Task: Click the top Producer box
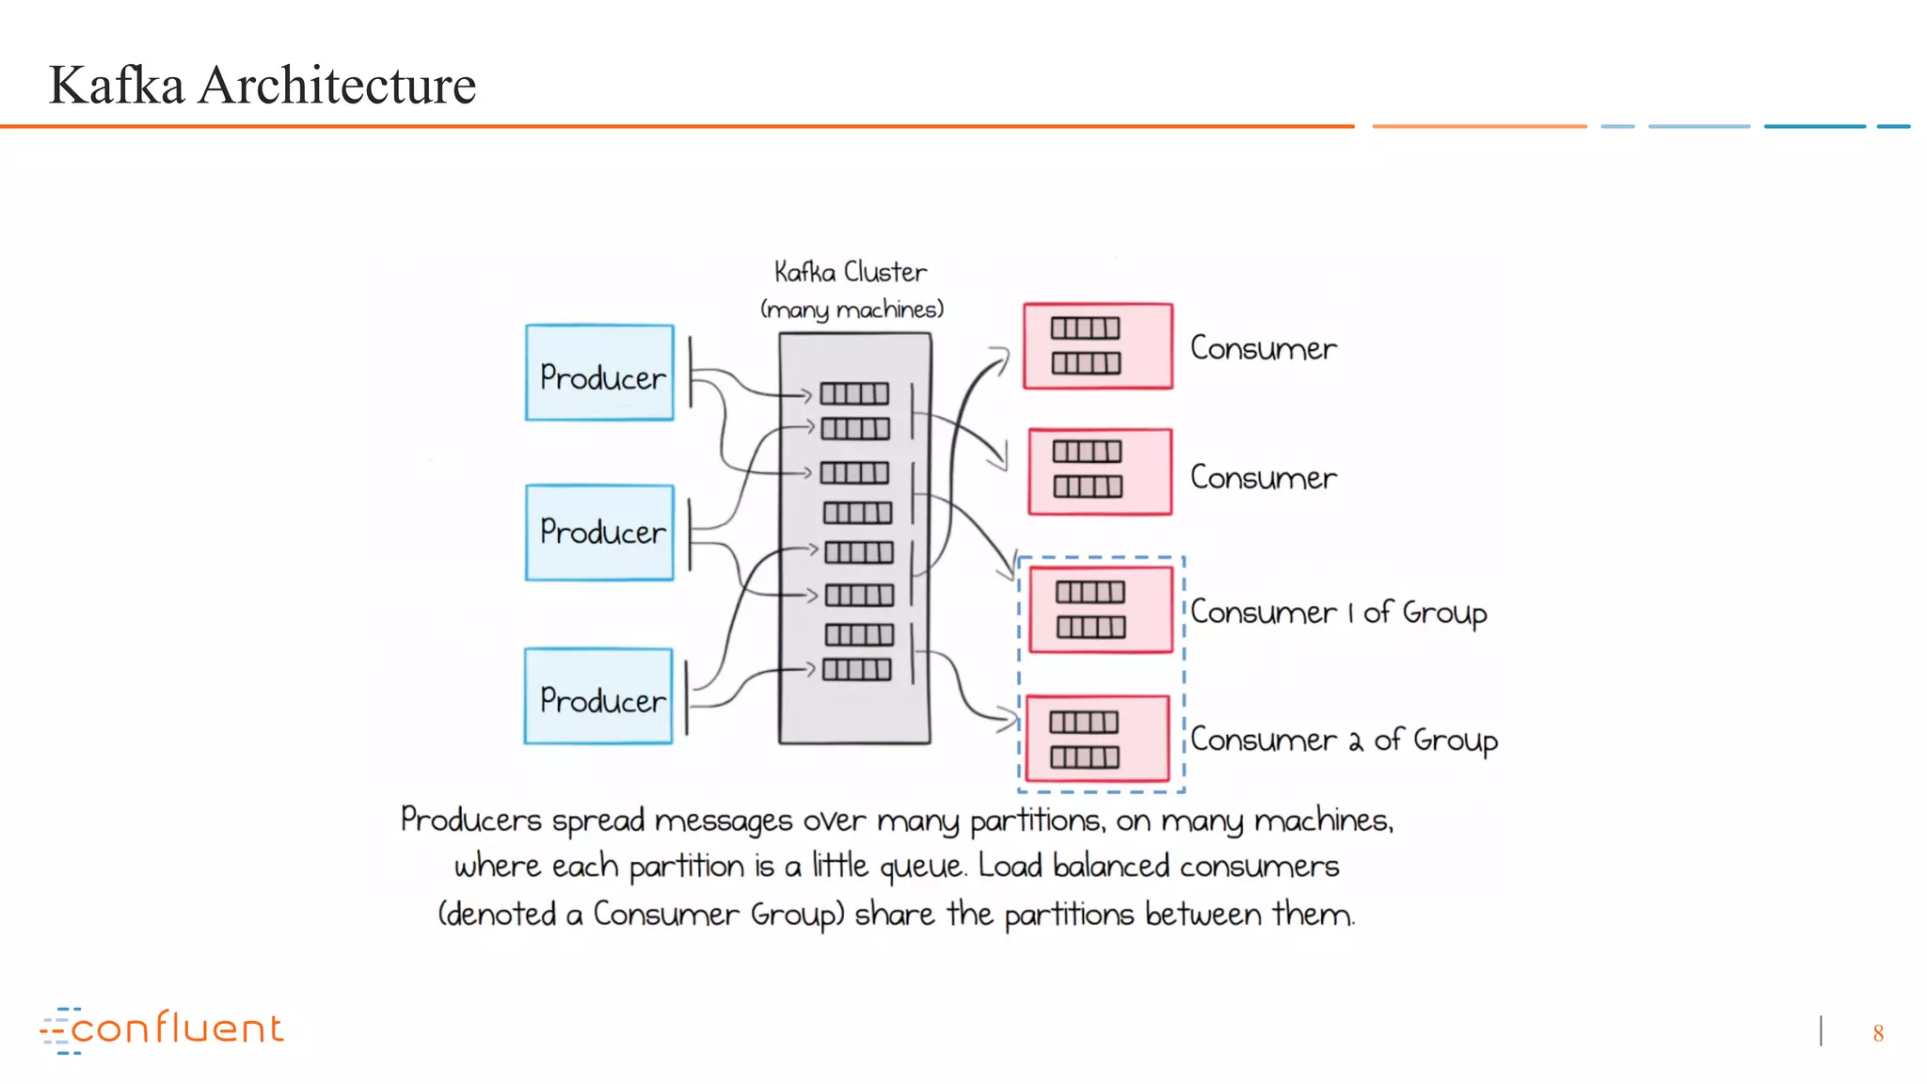(x=599, y=373)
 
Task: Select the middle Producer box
(x=599, y=533)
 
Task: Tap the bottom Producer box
(x=598, y=696)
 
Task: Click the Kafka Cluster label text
(x=850, y=272)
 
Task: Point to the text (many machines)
(x=852, y=310)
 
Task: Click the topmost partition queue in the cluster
(x=854, y=393)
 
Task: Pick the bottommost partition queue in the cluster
(x=856, y=670)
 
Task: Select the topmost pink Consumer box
(x=1098, y=345)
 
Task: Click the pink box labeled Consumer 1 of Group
(x=1100, y=609)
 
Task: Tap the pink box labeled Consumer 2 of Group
(x=1097, y=739)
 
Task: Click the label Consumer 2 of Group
(x=1344, y=741)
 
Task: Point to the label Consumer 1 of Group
(x=1338, y=613)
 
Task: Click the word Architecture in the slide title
(x=337, y=85)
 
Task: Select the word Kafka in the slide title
(x=117, y=85)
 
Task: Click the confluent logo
(x=162, y=1029)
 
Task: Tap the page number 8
(x=1878, y=1033)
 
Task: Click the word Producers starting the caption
(x=470, y=821)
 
